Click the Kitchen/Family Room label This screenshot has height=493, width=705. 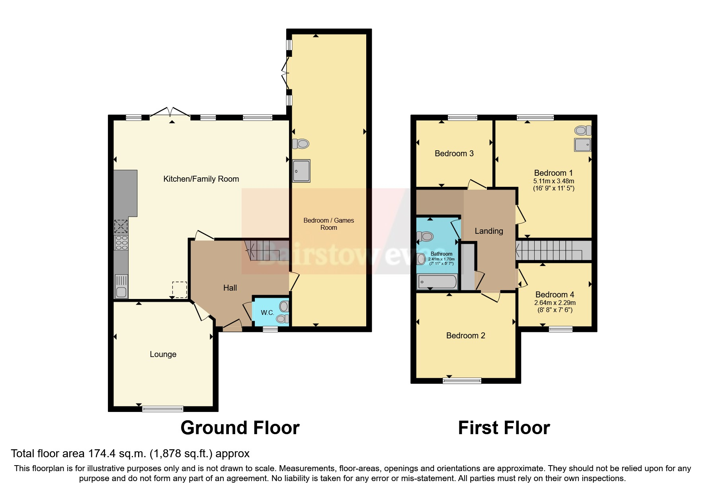click(x=201, y=179)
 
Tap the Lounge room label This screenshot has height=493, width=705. click(x=163, y=354)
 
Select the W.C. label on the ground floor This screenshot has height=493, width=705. click(x=267, y=312)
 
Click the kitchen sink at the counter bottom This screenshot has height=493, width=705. click(x=121, y=286)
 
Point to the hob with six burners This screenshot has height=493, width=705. click(x=121, y=243)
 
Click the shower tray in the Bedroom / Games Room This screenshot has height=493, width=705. click(x=301, y=171)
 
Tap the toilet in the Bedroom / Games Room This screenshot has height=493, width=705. click(x=301, y=144)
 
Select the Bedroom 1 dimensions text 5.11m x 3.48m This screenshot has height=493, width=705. click(x=553, y=181)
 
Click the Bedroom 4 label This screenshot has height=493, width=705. click(x=555, y=295)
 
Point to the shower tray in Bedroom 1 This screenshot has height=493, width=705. click(x=582, y=145)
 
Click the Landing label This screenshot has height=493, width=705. click(x=489, y=231)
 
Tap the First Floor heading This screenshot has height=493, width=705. click(x=504, y=428)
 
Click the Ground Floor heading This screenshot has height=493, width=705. click(x=240, y=428)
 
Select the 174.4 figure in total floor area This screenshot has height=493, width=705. click(x=98, y=453)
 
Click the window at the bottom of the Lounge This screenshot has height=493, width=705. click(x=163, y=408)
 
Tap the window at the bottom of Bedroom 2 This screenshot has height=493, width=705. click(x=462, y=380)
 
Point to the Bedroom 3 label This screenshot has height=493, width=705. click(x=454, y=153)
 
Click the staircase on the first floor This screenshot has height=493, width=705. click(x=553, y=250)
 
